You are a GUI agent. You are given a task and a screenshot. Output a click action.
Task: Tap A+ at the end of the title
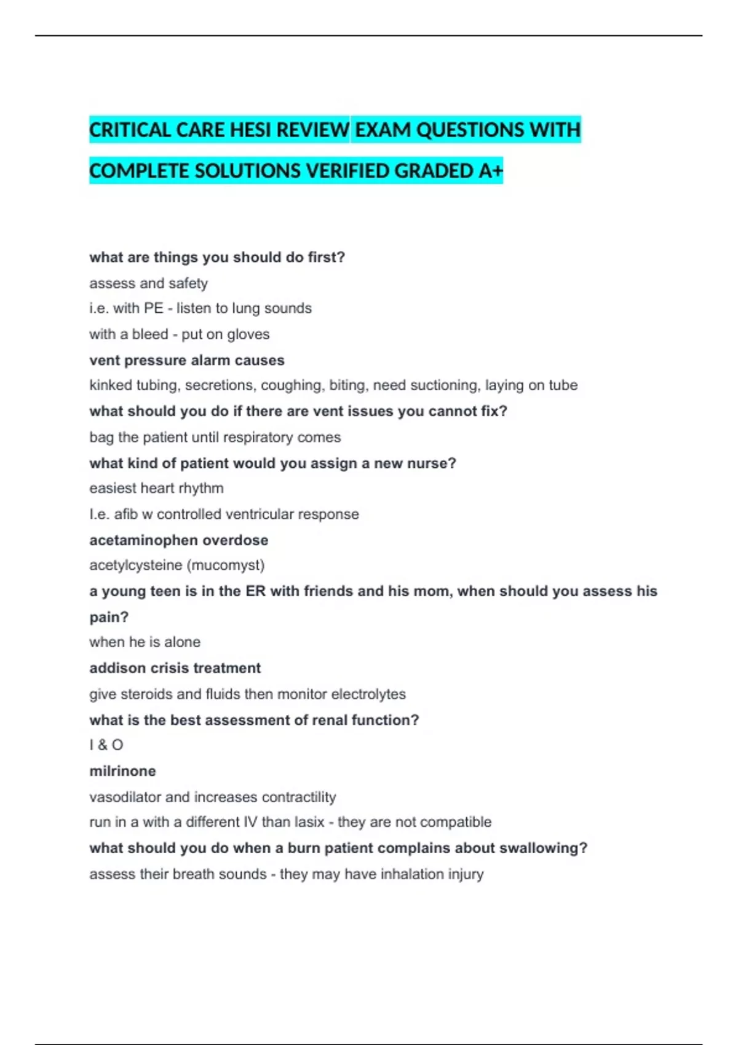point(490,171)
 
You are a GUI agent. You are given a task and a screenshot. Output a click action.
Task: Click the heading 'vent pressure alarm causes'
point(187,360)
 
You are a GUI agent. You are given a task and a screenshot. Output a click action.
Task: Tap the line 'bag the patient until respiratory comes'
point(215,437)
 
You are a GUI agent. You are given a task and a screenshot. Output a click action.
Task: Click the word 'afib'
point(126,514)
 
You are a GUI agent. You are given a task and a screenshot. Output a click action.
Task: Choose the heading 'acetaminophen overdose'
point(178,540)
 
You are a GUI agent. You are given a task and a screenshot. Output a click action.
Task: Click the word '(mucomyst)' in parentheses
point(234,565)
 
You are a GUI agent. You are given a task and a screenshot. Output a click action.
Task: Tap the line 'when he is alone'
point(145,642)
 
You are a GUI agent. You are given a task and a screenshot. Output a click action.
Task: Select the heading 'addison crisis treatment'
point(175,668)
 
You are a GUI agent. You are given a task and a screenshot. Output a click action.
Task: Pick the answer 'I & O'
point(106,745)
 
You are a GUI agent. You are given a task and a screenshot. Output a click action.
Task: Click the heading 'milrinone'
point(122,771)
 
